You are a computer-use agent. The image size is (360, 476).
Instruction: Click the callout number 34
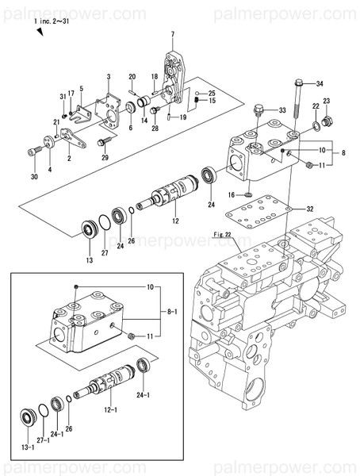coord(320,83)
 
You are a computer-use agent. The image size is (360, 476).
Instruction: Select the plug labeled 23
coord(327,121)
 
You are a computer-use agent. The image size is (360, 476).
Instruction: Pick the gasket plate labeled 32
coord(259,212)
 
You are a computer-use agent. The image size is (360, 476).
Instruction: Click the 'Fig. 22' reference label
coord(223,234)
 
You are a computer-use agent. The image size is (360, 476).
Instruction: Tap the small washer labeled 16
coord(248,194)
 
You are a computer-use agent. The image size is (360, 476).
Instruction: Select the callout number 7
coord(173,35)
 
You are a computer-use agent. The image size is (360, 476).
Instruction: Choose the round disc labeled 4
coord(48,141)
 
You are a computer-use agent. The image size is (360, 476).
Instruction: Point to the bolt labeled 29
coord(104,142)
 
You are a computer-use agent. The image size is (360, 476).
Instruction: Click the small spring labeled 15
coord(197,100)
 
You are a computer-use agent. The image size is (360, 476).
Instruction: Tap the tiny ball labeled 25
coord(197,93)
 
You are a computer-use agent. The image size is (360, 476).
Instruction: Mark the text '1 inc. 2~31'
coord(52,21)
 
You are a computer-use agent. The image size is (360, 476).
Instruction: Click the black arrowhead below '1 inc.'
coord(40,32)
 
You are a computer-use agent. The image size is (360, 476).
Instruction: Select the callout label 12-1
coord(110,410)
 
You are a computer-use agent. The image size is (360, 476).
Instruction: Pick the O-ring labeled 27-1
coord(44,412)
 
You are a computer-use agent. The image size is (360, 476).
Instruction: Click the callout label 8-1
coord(172,312)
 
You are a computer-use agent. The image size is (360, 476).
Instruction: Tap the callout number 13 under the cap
coord(90,260)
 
